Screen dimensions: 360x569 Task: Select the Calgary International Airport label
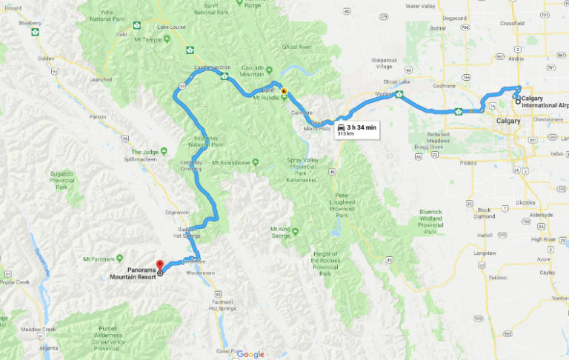[544, 101]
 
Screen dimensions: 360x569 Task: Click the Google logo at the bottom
[250, 354]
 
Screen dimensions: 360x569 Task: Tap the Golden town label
[46, 58]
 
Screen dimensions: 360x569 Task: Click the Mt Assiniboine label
[234, 162]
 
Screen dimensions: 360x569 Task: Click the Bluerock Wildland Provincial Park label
[419, 220]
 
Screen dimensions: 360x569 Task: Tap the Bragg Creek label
[430, 147]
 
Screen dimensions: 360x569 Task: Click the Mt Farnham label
[101, 259]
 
